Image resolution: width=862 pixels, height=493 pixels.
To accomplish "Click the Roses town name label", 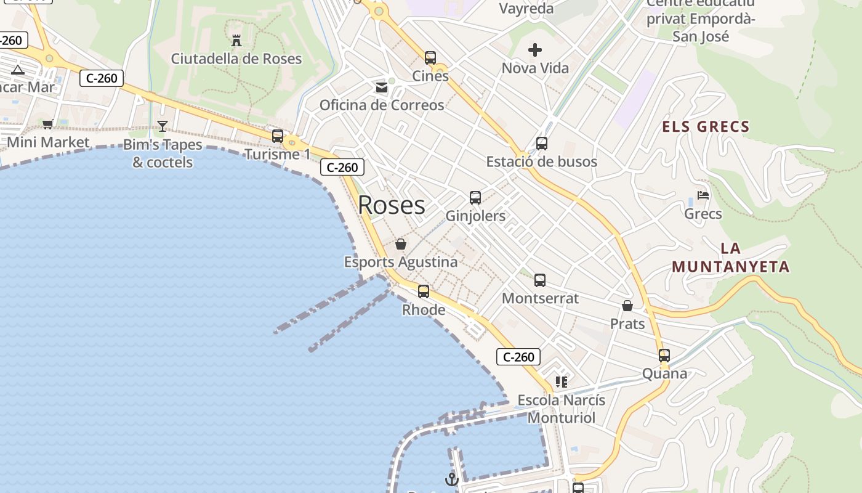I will [391, 205].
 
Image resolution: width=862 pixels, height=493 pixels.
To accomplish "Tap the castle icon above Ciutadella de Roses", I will [236, 41].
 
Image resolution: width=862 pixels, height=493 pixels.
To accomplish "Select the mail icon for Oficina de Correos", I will [382, 88].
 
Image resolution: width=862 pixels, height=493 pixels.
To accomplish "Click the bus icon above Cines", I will [430, 58].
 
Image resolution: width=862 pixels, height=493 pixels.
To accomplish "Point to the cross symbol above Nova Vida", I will [535, 50].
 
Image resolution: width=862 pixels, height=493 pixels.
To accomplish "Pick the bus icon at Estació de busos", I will [542, 144].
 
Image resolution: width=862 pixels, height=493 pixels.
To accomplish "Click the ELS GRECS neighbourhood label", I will [706, 128].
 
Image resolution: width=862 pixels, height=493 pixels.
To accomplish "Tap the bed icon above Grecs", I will [703, 195].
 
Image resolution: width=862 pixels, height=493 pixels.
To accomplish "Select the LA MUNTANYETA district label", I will [730, 258].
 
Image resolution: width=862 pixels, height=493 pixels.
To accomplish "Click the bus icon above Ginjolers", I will [475, 198].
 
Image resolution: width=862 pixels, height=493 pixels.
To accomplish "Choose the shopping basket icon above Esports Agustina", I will [401, 245].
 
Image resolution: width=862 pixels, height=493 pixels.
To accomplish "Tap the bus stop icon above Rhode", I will [424, 291].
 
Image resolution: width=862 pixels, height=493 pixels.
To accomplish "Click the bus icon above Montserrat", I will [540, 280].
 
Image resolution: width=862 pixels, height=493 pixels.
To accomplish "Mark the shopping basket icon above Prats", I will [627, 306].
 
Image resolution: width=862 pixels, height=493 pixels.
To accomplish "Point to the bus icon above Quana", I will [664, 356].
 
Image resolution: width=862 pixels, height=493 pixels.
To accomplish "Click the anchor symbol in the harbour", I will [452, 479].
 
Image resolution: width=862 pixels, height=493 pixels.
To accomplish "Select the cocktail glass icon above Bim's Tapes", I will [163, 126].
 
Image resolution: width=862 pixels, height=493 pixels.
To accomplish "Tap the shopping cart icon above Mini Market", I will [48, 124].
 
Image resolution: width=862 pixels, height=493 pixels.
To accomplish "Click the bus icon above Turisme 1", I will [278, 136].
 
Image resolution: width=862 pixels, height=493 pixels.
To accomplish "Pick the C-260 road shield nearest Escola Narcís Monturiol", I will [518, 357].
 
